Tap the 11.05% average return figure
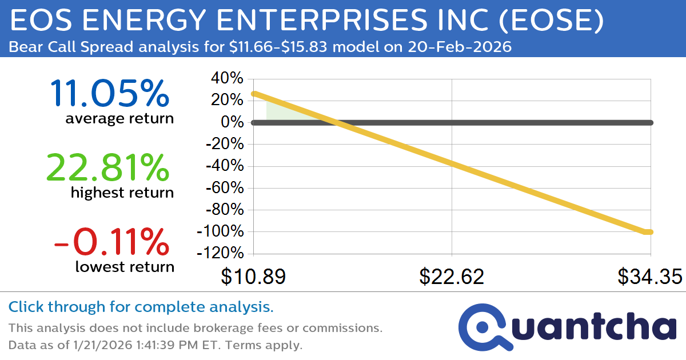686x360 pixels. (x=110, y=94)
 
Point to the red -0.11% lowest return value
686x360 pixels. (x=111, y=242)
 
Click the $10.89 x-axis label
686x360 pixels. (x=253, y=277)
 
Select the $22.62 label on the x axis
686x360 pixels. (x=452, y=277)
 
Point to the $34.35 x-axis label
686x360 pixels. (x=649, y=277)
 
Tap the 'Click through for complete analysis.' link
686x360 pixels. (x=141, y=307)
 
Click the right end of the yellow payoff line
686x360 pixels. (x=649, y=231)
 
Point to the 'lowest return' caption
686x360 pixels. (x=124, y=266)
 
